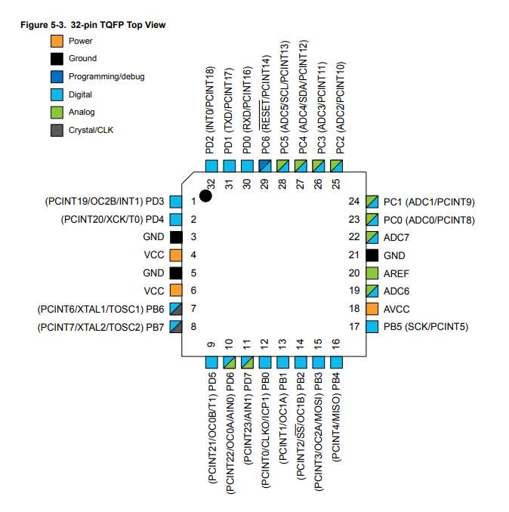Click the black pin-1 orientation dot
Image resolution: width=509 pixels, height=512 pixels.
pos(205,196)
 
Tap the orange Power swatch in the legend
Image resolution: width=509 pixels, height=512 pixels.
pos(57,41)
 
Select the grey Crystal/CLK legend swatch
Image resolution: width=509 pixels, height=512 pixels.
pos(57,130)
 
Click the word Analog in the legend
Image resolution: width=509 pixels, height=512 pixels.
pos(82,112)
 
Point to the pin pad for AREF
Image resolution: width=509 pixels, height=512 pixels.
pos(372,273)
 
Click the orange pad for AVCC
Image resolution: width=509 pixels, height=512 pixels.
pos(372,309)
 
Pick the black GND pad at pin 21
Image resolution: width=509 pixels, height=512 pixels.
pos(372,255)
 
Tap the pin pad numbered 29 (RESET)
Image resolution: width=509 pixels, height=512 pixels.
pos(265,166)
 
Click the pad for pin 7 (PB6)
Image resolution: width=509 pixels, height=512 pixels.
pos(176,309)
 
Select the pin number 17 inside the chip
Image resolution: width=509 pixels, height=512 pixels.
pos(354,326)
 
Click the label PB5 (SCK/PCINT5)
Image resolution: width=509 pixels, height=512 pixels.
pos(426,326)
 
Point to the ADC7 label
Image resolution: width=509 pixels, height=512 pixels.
pos(396,237)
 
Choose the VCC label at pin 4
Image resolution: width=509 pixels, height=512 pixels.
pos(154,254)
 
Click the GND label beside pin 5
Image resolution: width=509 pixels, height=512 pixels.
pos(153,273)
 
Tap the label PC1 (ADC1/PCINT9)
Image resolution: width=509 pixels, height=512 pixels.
pos(429,202)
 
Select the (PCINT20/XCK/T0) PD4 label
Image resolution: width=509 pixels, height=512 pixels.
pos(113,219)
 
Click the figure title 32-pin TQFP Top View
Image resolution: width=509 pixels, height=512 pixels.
pos(119,25)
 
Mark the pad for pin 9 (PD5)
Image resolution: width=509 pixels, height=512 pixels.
pos(211,362)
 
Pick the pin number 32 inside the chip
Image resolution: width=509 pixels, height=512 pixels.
pos(211,184)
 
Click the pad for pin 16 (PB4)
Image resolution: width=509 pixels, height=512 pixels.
pos(336,362)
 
